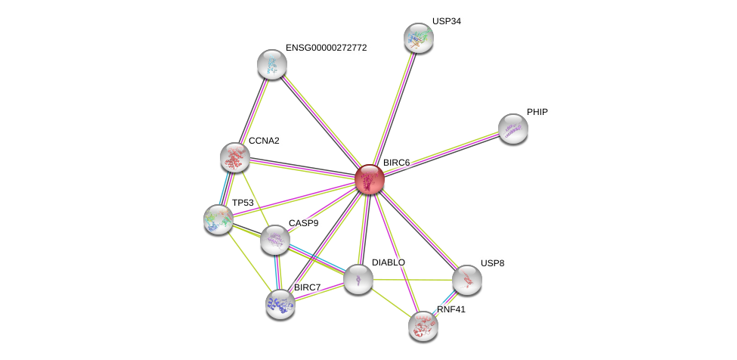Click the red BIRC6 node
pyautogui.click(x=370, y=180)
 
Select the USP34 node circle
pyautogui.click(x=418, y=38)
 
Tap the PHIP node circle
pyautogui.click(x=512, y=129)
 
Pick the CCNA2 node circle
pyautogui.click(x=235, y=157)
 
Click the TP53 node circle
pyautogui.click(x=218, y=219)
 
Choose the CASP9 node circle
pyautogui.click(x=275, y=240)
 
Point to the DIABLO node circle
pyautogui.click(x=358, y=279)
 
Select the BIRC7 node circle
pyautogui.click(x=280, y=304)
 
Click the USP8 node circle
pyautogui.click(x=467, y=280)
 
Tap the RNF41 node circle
pyautogui.click(x=423, y=326)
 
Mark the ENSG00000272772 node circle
pyautogui.click(x=272, y=64)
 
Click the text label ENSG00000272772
pyautogui.click(x=326, y=48)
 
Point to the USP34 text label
pyautogui.click(x=446, y=21)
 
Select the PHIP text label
pyautogui.click(x=537, y=112)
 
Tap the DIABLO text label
pyautogui.click(x=389, y=262)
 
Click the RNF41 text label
pyautogui.click(x=451, y=309)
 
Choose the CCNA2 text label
pyautogui.click(x=264, y=141)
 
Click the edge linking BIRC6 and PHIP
pyautogui.click(x=441, y=154)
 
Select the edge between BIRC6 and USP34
pyautogui.click(x=394, y=109)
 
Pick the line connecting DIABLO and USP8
pyautogui.click(x=413, y=280)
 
